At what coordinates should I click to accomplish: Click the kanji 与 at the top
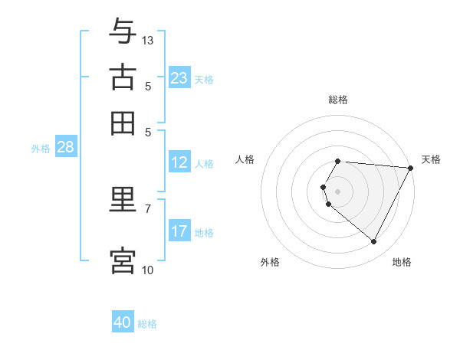(x=123, y=31)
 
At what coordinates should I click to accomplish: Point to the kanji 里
(x=123, y=201)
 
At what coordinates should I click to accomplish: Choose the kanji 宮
(x=123, y=260)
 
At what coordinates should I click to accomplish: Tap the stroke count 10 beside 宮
(x=148, y=270)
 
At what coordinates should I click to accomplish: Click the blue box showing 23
(x=179, y=78)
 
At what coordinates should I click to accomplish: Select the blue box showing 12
(x=179, y=162)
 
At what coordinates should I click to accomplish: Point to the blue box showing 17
(x=179, y=231)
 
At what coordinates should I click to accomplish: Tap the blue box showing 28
(x=65, y=148)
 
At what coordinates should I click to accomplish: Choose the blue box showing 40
(x=123, y=322)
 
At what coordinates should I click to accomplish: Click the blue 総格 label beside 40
(x=147, y=324)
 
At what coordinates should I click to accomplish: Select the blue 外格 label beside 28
(x=41, y=149)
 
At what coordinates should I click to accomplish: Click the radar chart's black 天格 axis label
(x=431, y=159)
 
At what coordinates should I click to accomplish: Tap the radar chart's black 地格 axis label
(x=402, y=262)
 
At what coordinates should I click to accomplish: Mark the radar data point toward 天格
(x=411, y=168)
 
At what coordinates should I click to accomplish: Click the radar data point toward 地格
(x=374, y=242)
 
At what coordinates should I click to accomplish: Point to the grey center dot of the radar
(x=337, y=191)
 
